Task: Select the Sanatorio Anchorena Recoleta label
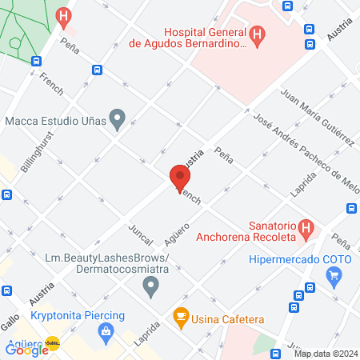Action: tap(249, 230)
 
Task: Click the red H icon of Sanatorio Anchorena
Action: tap(305, 230)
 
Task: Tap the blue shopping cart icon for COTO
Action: tap(334, 277)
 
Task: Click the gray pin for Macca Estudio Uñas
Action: tap(118, 121)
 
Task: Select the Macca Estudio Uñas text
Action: tap(54, 122)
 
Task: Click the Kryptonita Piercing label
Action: tap(78, 314)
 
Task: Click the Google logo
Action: tap(26, 349)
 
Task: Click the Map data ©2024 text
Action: tap(326, 354)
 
